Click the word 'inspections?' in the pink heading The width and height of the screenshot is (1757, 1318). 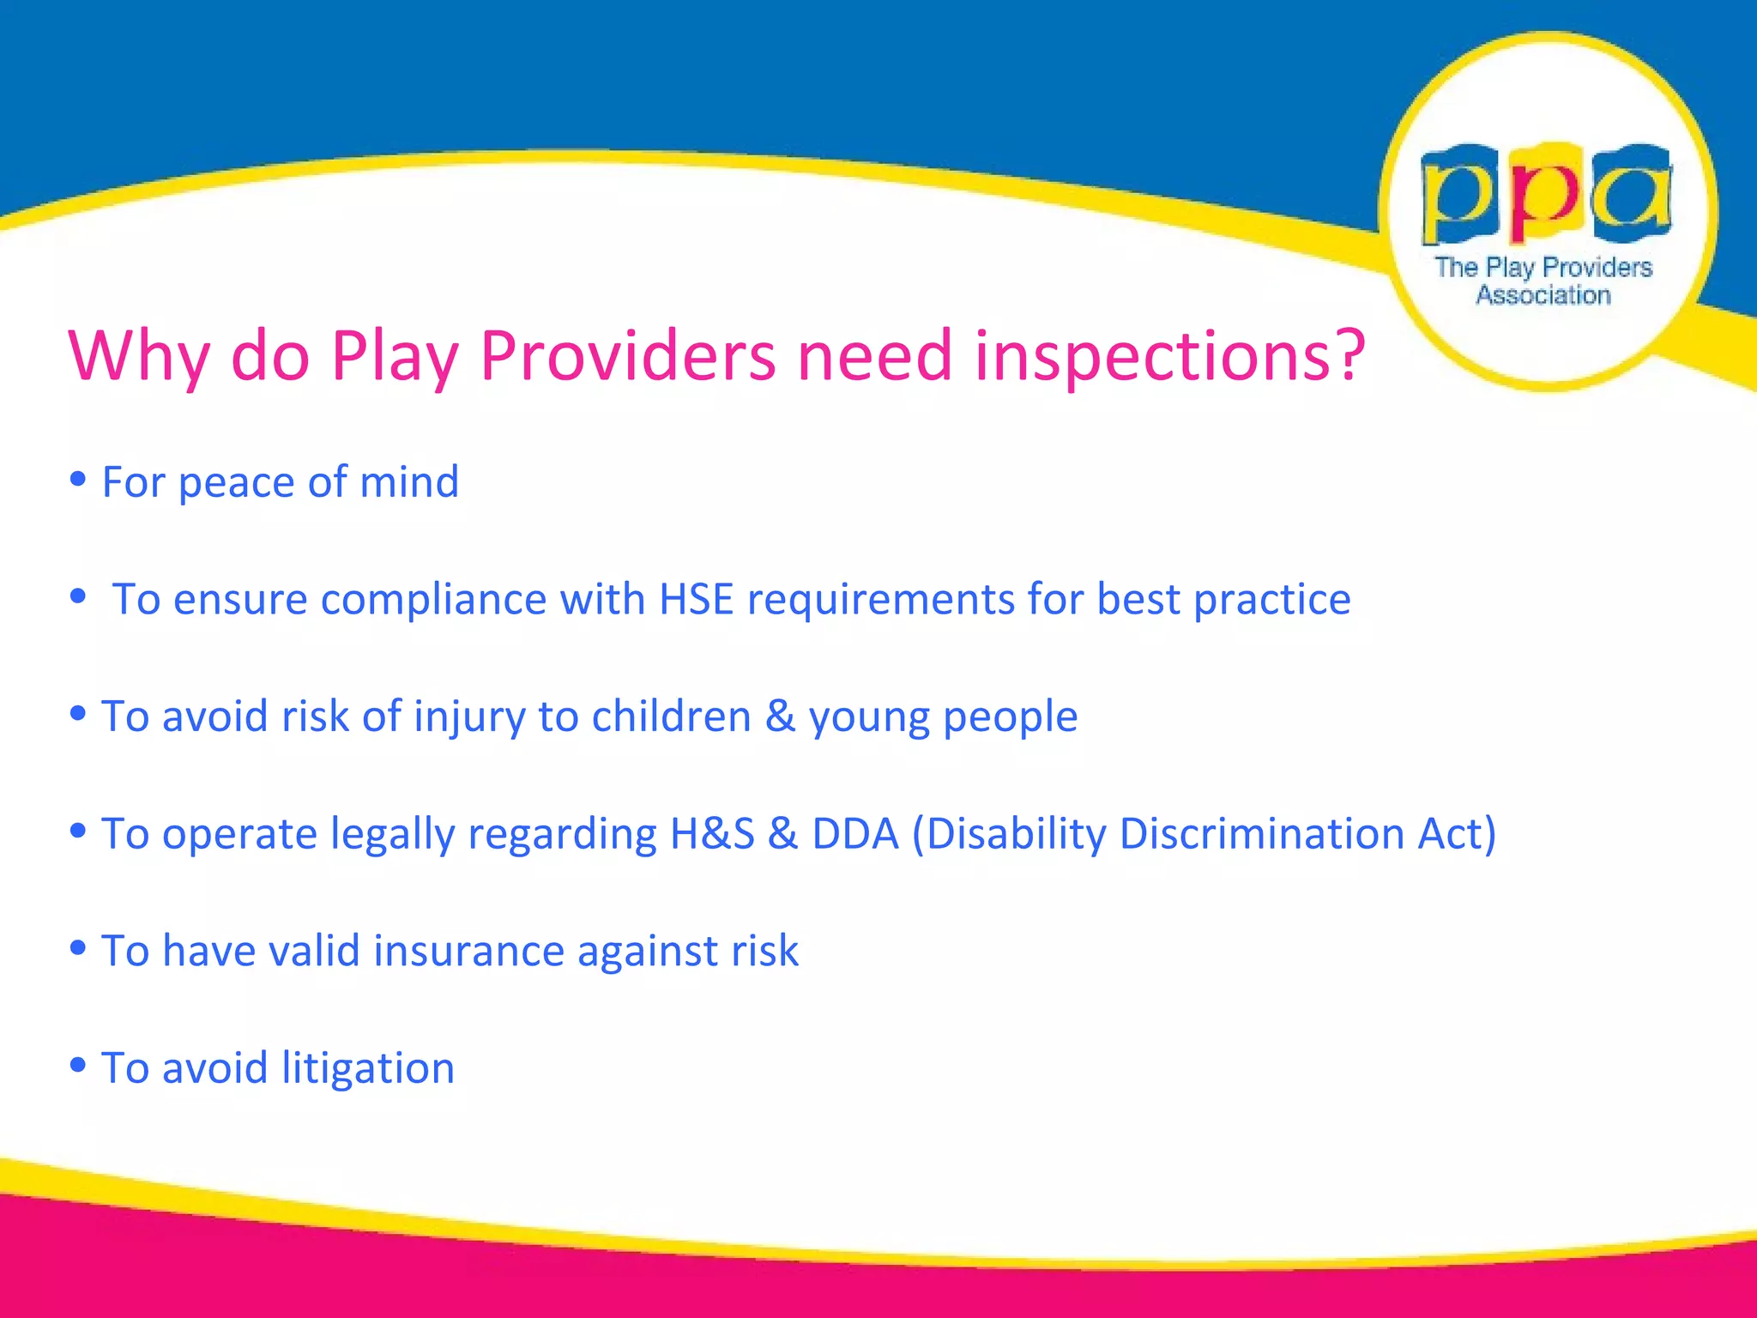pyautogui.click(x=1168, y=357)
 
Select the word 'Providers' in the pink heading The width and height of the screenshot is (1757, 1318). pyautogui.click(x=627, y=355)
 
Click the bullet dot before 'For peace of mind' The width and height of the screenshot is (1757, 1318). pyautogui.click(x=78, y=479)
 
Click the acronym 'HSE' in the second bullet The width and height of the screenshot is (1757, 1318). pyautogui.click(x=696, y=599)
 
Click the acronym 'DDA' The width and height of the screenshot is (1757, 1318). pyautogui.click(x=855, y=834)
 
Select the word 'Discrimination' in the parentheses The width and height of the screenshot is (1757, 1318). pyautogui.click(x=1262, y=834)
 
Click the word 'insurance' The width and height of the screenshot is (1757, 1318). pyautogui.click(x=468, y=952)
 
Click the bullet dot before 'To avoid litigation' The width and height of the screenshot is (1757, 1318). pyautogui.click(x=78, y=1065)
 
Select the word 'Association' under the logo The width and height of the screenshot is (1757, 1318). pyautogui.click(x=1543, y=295)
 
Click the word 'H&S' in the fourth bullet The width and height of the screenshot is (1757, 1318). pyautogui.click(x=712, y=834)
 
